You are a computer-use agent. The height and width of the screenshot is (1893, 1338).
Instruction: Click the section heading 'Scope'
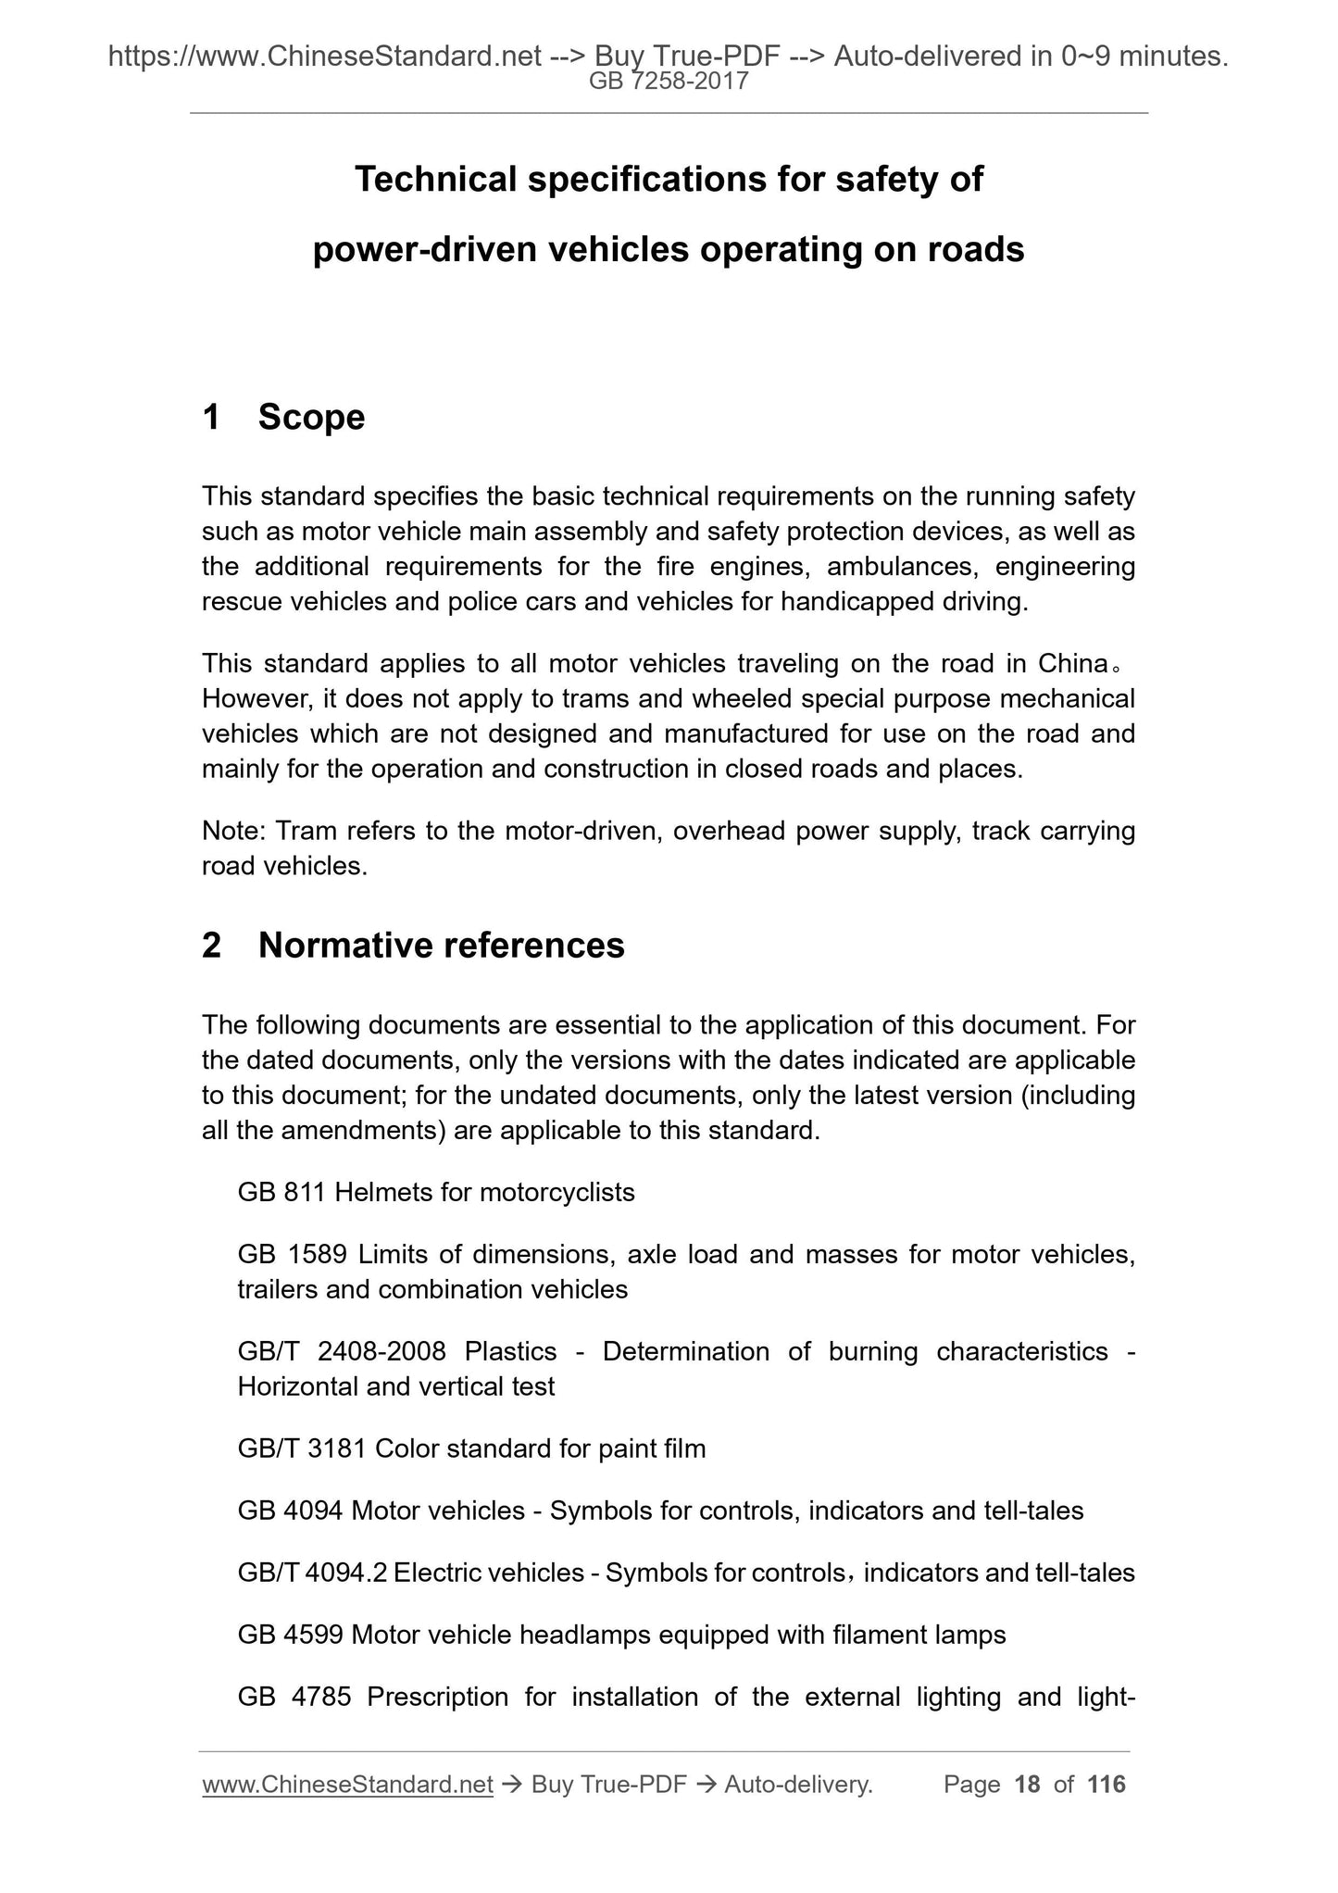point(311,417)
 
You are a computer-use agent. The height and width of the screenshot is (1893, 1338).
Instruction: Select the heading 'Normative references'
point(441,945)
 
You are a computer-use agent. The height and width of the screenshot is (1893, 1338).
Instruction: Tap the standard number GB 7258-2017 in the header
point(669,81)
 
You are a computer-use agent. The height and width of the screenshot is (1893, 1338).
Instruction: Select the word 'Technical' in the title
point(435,179)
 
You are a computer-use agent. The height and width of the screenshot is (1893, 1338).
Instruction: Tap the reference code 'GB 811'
point(281,1192)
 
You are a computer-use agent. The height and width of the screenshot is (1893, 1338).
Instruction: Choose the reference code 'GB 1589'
point(292,1254)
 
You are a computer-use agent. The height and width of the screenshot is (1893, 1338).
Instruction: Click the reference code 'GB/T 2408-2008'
point(342,1351)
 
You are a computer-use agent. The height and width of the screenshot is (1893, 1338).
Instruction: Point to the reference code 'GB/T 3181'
point(302,1448)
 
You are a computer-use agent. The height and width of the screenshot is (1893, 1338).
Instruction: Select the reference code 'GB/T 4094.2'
point(311,1573)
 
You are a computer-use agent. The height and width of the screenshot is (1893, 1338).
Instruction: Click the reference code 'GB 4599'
point(291,1635)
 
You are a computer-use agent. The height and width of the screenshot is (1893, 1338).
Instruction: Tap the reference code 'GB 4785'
point(294,1697)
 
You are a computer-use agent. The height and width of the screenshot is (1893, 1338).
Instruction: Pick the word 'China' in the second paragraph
point(1073,663)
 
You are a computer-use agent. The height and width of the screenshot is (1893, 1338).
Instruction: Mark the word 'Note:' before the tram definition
point(234,831)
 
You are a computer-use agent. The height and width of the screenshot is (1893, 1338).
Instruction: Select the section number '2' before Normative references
point(212,945)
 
